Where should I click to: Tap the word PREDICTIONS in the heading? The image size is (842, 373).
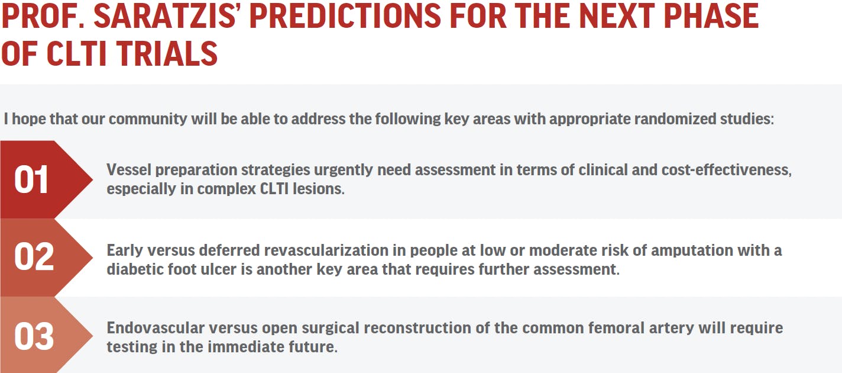345,16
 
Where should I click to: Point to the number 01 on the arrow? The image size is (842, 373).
31,180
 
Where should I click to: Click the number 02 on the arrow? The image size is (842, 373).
34,257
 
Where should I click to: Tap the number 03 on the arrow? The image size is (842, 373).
34,336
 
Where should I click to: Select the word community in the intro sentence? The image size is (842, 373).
148,120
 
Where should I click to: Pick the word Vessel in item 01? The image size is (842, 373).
129,170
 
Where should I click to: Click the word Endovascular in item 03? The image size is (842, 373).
156,328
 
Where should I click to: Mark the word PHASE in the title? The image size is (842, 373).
711,16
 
